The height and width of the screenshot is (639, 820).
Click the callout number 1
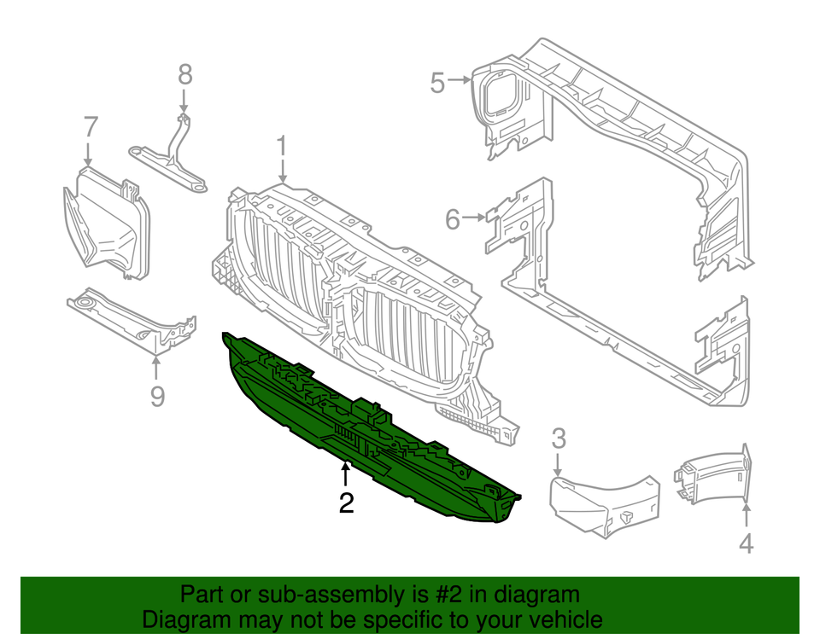click(x=282, y=148)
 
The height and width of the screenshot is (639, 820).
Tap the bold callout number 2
click(x=346, y=503)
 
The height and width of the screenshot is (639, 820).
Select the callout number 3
click(x=558, y=440)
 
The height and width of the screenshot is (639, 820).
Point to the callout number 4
click(x=747, y=543)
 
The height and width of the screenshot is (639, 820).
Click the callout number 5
click(x=437, y=83)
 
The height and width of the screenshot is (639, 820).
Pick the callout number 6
click(x=453, y=219)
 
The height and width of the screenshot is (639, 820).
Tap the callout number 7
click(x=91, y=126)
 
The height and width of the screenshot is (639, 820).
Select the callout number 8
click(x=185, y=74)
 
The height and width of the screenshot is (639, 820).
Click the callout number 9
click(x=157, y=397)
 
